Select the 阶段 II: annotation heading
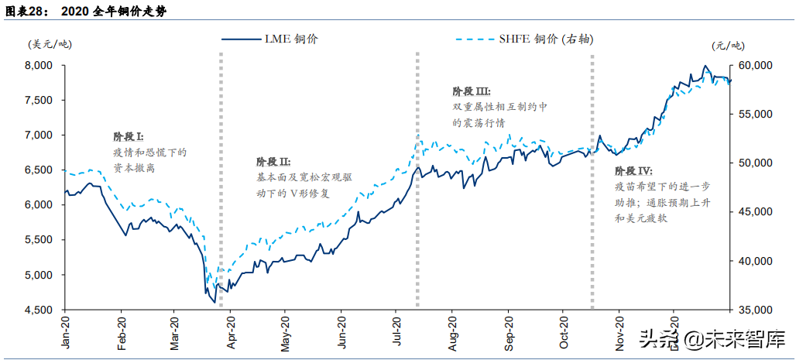[273, 162]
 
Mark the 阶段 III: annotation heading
[472, 91]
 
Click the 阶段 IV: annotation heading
[633, 171]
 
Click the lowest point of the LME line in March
[214, 302]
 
